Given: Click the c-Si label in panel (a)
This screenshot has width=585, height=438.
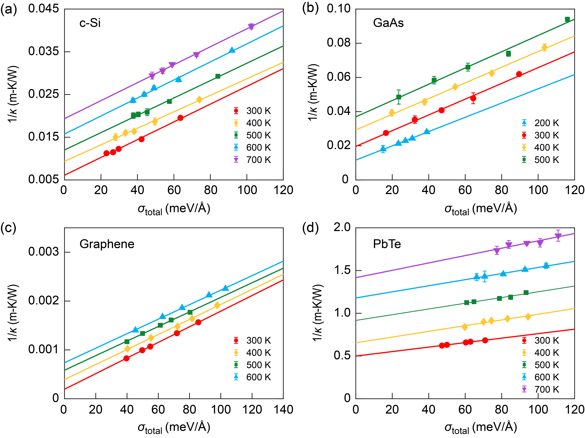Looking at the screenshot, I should coord(90,23).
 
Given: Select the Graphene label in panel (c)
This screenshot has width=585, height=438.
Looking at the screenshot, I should coord(107,244).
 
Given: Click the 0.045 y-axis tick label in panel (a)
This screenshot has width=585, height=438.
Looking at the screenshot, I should coord(44,9).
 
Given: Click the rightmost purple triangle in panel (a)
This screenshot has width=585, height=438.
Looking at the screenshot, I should coord(251,27).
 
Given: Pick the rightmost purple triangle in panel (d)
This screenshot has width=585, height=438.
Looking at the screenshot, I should coord(558,236).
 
